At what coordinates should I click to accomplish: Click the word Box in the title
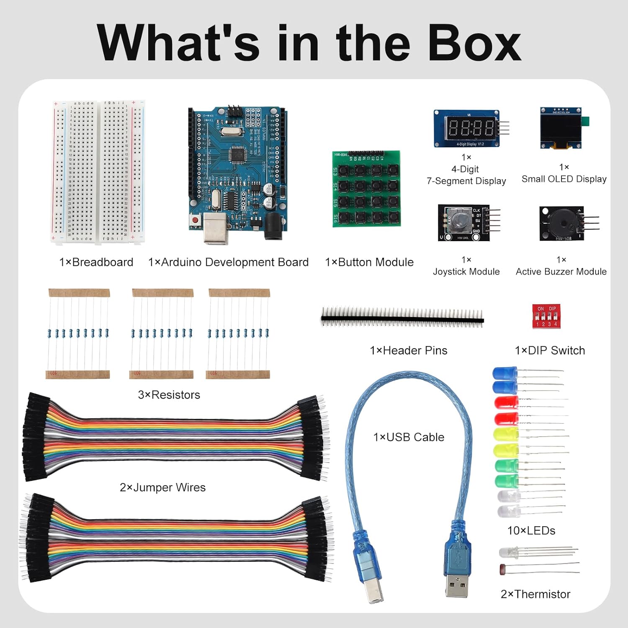pos(474,43)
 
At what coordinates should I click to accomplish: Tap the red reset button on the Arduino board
pos(195,220)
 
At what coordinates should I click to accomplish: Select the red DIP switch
pos(546,317)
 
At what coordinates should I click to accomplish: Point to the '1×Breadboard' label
pos(96,263)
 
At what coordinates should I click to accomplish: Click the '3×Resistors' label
pos(169,395)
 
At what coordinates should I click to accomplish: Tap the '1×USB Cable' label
pos(409,437)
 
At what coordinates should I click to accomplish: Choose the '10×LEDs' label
pos(531,531)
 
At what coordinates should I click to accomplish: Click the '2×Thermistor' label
pos(535,594)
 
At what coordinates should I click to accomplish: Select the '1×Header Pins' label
pos(409,350)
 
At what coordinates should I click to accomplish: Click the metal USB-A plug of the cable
pos(457,584)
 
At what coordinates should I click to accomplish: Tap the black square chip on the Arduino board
pos(238,155)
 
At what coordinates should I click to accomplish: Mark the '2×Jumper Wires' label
pos(163,487)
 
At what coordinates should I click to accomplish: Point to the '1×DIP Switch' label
pos(550,350)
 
